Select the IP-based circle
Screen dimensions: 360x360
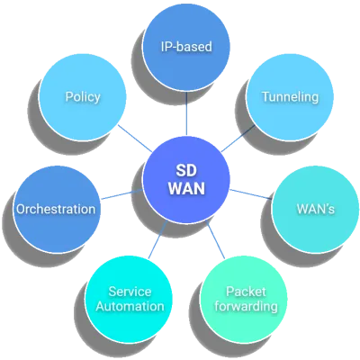[187, 45]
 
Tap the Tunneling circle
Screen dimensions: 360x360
[290, 96]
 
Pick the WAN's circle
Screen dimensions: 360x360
[315, 209]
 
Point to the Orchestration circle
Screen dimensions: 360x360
[56, 209]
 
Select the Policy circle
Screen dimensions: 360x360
[83, 96]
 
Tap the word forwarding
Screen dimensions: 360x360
[251, 306]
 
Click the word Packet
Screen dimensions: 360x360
[251, 291]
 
